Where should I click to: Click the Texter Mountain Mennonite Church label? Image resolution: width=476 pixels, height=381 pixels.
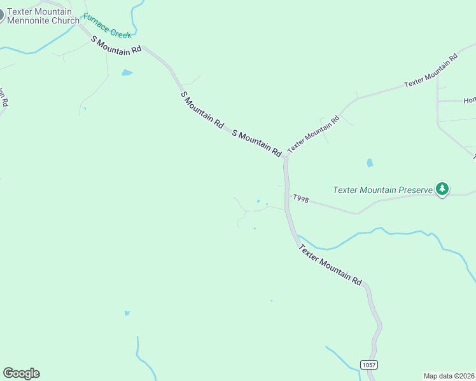43,16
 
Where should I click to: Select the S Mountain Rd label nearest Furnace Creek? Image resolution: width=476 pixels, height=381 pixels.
116,44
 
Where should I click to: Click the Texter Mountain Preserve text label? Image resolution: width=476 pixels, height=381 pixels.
382,190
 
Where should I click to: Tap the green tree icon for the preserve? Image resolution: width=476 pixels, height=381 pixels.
442,189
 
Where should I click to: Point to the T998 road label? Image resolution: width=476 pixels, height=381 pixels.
301,199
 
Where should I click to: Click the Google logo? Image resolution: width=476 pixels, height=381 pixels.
21,373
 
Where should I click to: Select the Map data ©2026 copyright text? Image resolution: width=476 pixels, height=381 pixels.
449,376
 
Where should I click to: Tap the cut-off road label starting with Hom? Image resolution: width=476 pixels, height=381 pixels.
470,100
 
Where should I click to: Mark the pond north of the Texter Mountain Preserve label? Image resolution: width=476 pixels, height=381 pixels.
370,163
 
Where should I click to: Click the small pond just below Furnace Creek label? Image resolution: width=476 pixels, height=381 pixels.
127,73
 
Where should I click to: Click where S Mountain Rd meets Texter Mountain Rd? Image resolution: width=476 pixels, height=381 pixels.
286,156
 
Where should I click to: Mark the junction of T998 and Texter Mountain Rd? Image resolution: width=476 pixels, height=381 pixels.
288,196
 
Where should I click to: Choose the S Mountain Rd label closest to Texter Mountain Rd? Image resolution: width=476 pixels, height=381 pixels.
257,143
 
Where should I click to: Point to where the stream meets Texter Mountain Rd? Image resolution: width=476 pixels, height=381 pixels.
296,236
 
